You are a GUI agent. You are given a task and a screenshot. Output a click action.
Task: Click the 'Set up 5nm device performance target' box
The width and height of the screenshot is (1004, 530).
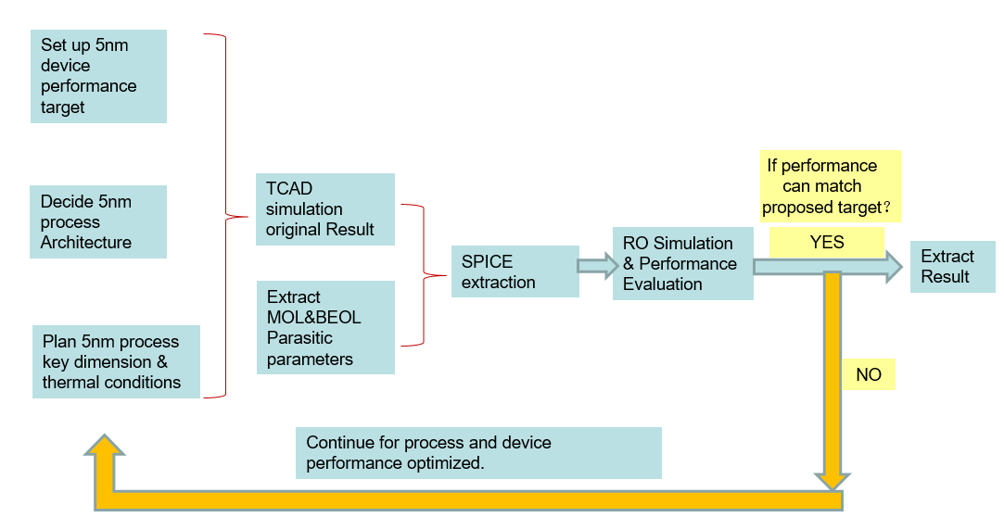pos(98,76)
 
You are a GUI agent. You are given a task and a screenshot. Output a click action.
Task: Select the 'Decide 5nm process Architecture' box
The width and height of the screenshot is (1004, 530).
pos(98,221)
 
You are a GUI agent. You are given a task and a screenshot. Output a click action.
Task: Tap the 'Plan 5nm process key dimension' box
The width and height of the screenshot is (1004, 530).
pos(116,361)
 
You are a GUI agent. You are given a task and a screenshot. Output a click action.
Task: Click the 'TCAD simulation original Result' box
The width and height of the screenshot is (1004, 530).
pos(325,209)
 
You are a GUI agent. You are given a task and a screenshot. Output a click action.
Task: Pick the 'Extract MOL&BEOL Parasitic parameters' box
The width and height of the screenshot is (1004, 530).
pos(326,327)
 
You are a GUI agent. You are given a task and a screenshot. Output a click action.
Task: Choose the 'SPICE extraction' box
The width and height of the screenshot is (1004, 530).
pos(515,271)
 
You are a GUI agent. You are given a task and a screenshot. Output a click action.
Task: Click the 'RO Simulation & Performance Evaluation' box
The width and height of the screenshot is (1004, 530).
pos(683,264)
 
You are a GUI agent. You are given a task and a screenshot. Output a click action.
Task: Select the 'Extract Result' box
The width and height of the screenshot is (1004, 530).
pos(953,266)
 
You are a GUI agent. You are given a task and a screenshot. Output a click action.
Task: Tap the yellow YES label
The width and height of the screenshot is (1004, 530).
pos(827,243)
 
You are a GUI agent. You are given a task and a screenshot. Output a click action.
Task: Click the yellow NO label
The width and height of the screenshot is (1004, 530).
pos(869,374)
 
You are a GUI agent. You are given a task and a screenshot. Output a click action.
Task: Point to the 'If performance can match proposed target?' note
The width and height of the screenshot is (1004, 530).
pos(831,186)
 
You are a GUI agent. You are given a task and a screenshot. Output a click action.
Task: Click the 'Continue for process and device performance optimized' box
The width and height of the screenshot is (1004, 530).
pos(478,452)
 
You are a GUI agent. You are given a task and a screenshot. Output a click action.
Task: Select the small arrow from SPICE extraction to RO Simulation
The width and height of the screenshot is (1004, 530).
pos(598,266)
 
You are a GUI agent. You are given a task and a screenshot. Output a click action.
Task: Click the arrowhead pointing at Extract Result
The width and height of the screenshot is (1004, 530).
pos(895,266)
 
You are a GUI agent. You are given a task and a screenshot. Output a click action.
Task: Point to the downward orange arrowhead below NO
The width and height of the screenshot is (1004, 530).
pos(832,481)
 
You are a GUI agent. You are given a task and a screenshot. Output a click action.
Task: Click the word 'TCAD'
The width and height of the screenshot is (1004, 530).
pos(289,188)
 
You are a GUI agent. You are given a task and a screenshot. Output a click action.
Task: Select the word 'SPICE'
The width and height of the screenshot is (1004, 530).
pos(488,262)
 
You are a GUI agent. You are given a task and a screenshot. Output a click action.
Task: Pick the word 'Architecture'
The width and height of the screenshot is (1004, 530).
pos(86,243)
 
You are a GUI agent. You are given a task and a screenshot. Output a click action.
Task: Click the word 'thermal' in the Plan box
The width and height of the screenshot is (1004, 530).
pos(70,382)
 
